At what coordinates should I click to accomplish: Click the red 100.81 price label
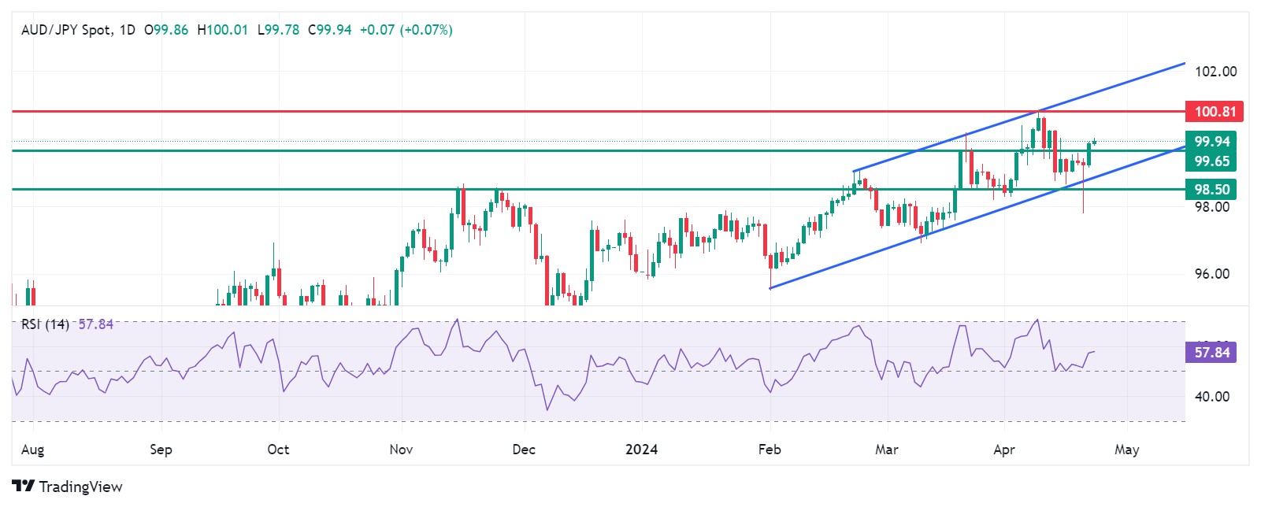[x=1214, y=112]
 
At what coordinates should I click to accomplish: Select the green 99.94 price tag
[x=1211, y=142]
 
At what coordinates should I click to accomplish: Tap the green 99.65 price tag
[x=1211, y=161]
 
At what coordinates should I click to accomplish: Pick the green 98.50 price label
[x=1211, y=189]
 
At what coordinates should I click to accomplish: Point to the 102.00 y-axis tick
[x=1215, y=72]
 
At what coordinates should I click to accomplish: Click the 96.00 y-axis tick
[x=1212, y=274]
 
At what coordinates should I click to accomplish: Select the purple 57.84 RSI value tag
[x=1211, y=353]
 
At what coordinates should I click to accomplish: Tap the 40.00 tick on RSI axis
[x=1212, y=397]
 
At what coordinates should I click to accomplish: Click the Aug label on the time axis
[x=32, y=450]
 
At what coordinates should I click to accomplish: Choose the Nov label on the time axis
[x=401, y=450]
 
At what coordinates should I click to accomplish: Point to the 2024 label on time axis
[x=641, y=450]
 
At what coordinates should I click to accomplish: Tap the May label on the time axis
[x=1126, y=450]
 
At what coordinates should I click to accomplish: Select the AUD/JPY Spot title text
[x=66, y=30]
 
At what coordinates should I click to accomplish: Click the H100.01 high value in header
[x=222, y=30]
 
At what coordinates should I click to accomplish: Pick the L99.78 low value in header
[x=278, y=30]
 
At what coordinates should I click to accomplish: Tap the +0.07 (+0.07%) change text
[x=406, y=30]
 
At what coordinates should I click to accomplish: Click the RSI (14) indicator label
[x=45, y=324]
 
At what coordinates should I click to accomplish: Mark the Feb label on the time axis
[x=770, y=450]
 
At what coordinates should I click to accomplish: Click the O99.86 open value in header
[x=166, y=30]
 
